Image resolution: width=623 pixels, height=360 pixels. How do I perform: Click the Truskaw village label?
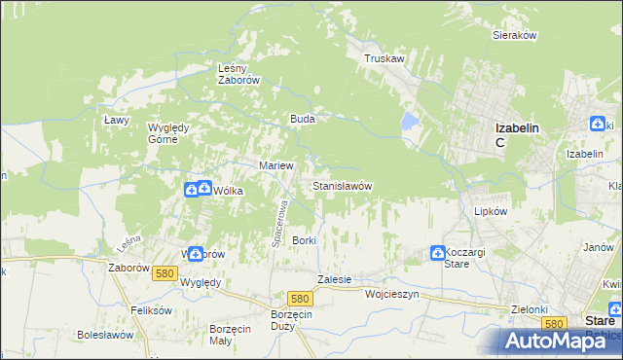pos(384,58)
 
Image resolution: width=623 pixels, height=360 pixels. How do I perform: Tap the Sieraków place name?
pos(516,34)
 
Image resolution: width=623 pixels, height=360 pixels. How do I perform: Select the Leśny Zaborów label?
pos(238,75)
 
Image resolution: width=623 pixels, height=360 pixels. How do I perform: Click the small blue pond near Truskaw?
pos(410,122)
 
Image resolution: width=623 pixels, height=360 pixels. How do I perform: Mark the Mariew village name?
pos(275,165)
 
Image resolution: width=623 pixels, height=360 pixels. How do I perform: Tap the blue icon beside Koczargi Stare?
pos(437,253)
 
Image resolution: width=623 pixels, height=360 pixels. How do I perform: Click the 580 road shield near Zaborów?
pos(164,274)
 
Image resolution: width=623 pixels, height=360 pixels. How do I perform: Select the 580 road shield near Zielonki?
pos(555,323)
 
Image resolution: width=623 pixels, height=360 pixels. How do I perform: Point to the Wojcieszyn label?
pos(391,293)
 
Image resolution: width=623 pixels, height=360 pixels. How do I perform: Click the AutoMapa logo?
pos(560,341)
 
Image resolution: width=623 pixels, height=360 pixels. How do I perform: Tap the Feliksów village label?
pos(151,310)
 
